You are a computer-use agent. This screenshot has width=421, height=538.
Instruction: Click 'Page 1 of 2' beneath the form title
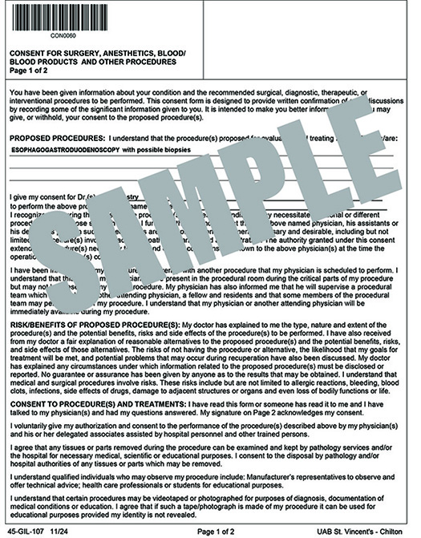pos(29,71)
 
